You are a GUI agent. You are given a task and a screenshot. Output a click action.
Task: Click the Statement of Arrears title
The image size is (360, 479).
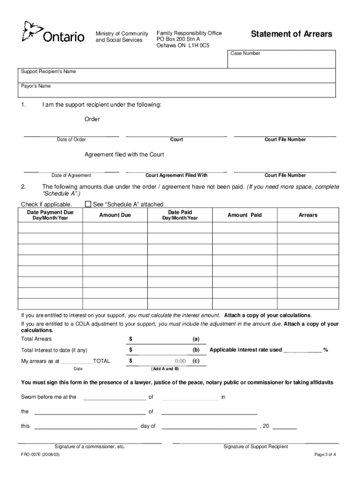pyautogui.click(x=291, y=34)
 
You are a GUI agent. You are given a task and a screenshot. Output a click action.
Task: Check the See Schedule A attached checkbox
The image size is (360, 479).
pyautogui.click(x=88, y=204)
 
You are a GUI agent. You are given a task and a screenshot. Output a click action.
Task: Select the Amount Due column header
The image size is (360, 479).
pyautogui.click(x=115, y=215)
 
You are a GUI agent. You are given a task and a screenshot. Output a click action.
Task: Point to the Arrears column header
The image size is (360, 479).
pyautogui.click(x=308, y=215)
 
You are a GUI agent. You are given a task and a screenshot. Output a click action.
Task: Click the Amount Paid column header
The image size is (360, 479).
pyautogui.click(x=245, y=215)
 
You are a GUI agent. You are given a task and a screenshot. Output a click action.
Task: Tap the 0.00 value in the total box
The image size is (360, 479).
pyautogui.click(x=180, y=361)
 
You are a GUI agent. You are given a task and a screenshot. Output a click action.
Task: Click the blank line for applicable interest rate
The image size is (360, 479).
pyautogui.click(x=302, y=350)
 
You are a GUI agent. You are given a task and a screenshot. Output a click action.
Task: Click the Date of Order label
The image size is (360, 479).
pyautogui.click(x=71, y=140)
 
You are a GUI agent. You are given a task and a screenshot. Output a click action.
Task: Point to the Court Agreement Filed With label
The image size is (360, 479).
pyautogui.click(x=176, y=175)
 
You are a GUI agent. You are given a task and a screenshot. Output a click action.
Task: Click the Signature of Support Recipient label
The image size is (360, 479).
pyautogui.click(x=255, y=447)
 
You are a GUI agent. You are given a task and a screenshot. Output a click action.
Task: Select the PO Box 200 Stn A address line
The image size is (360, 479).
pyautogui.click(x=178, y=40)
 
